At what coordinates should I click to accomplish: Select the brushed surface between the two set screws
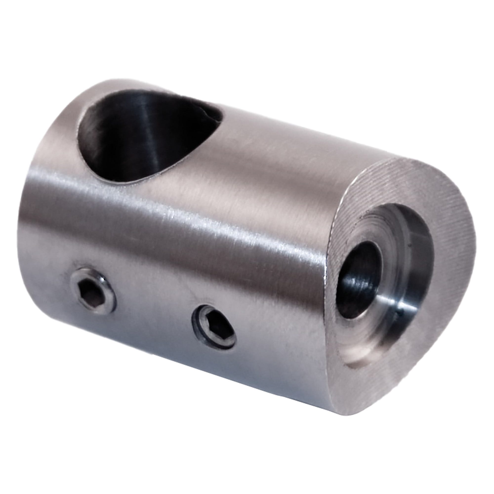tap(153, 307)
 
